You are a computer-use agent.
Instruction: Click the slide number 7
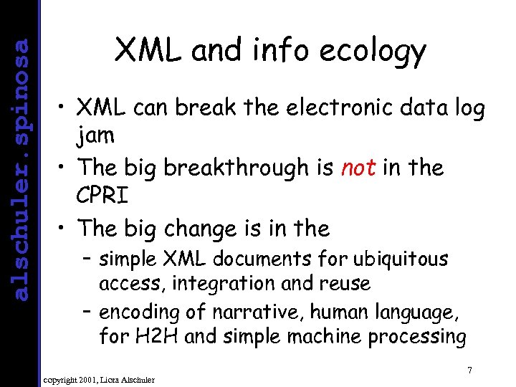click(x=469, y=371)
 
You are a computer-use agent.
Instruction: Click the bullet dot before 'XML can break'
click(x=64, y=110)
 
